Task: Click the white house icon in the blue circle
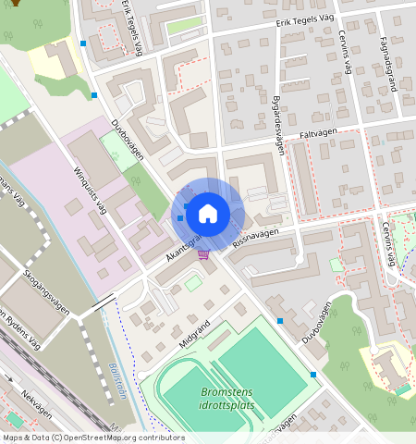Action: [208, 215]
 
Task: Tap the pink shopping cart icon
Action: [203, 255]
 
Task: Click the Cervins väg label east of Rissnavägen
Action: [386, 243]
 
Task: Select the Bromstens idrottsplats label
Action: [226, 399]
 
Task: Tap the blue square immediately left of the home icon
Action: [180, 217]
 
